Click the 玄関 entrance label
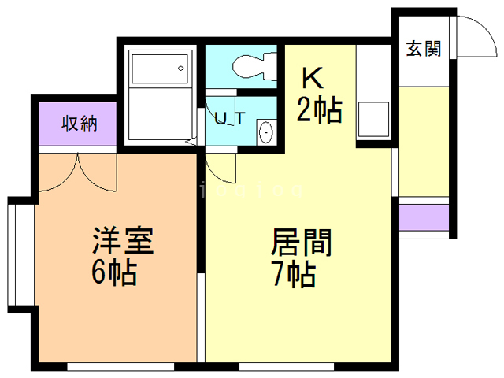(423, 48)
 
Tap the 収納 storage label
(80, 124)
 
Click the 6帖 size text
(115, 273)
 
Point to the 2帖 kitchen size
(318, 110)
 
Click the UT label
(230, 119)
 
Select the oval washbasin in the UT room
(266, 132)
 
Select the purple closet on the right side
(424, 217)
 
